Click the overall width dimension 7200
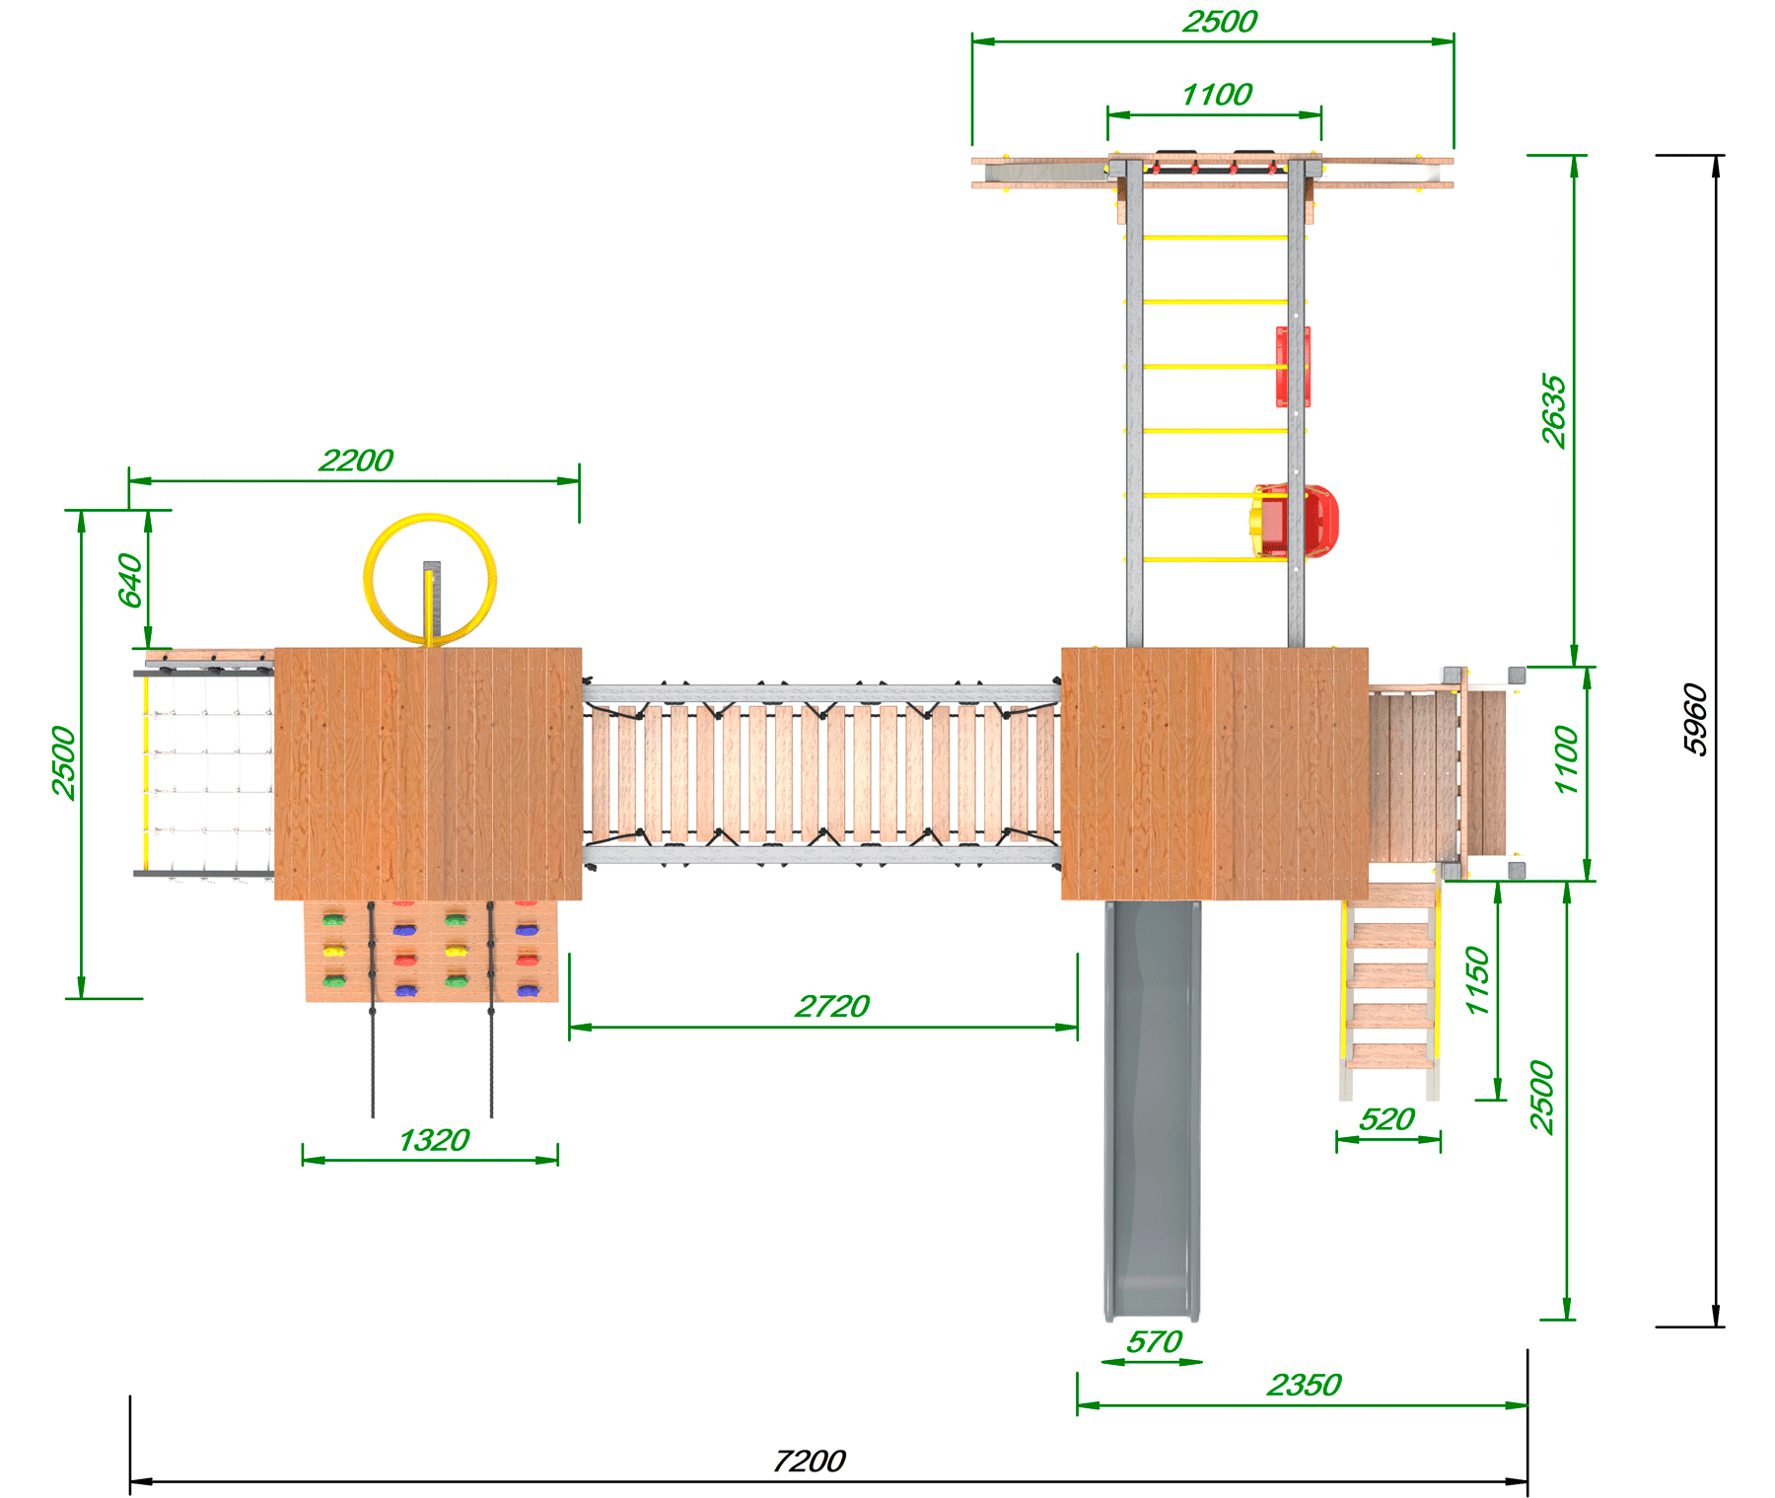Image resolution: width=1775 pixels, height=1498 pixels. tap(809, 1461)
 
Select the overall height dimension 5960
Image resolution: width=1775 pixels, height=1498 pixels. tap(1694, 720)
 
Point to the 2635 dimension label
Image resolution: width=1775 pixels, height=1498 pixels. tap(1553, 410)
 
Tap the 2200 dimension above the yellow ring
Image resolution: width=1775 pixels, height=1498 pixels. tap(356, 461)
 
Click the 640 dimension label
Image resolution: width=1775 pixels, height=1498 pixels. tap(130, 580)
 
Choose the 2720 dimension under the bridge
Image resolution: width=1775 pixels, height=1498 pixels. tap(832, 1006)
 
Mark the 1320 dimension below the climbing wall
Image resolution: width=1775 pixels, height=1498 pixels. tap(434, 1140)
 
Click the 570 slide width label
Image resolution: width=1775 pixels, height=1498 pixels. tap(1154, 1342)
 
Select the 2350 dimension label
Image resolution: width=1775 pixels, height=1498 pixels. tap(1304, 1385)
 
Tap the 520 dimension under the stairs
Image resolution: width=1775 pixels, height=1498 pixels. tap(1386, 1119)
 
